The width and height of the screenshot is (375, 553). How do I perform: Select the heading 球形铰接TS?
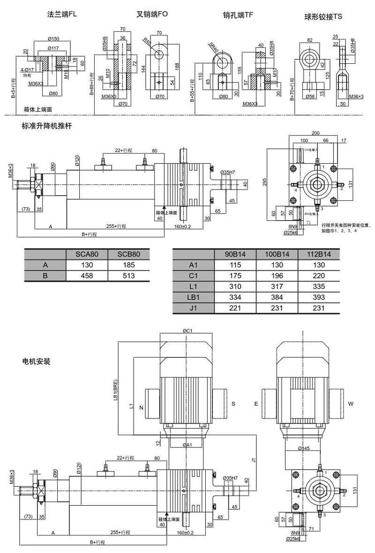pyautogui.click(x=323, y=16)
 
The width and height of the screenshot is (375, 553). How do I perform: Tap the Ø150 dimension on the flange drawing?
pyautogui.click(x=52, y=38)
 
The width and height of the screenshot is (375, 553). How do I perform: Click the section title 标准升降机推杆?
pyautogui.click(x=46, y=126)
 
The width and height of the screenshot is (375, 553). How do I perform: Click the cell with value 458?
pyautogui.click(x=87, y=275)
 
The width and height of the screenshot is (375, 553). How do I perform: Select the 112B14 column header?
pyautogui.click(x=319, y=254)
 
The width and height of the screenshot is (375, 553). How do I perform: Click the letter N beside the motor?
pyautogui.click(x=141, y=407)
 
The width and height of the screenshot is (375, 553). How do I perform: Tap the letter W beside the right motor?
pyautogui.click(x=351, y=403)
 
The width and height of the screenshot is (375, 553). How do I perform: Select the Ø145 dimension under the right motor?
pyautogui.click(x=304, y=448)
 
